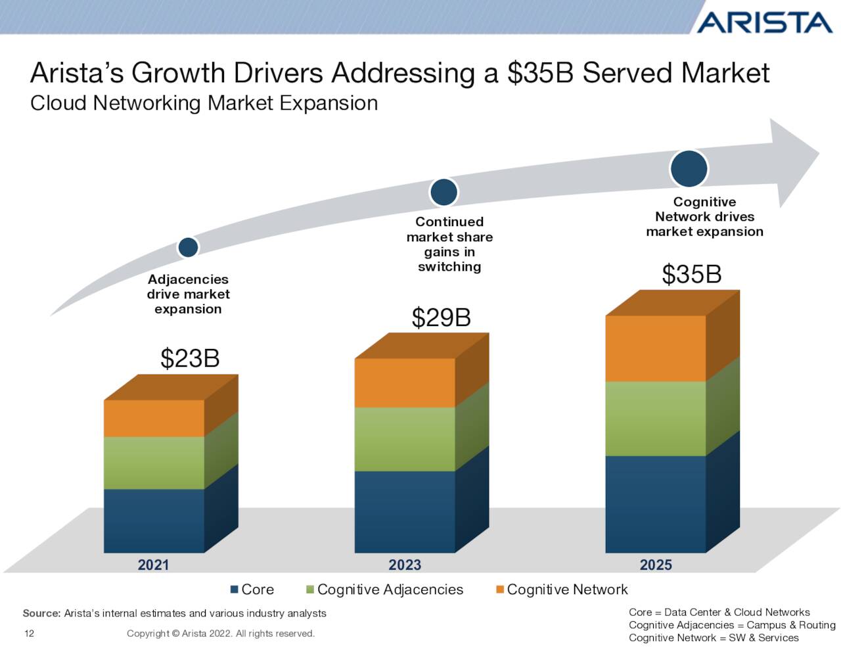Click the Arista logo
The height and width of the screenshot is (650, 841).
click(x=763, y=22)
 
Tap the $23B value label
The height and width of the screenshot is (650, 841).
click(x=190, y=359)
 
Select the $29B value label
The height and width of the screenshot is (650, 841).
click(x=441, y=317)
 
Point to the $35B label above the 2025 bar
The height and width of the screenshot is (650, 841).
click(x=691, y=275)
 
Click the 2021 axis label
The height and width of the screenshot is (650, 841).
click(x=153, y=565)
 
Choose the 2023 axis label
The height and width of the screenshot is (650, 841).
click(x=405, y=565)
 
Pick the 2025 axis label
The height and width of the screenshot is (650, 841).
click(x=656, y=565)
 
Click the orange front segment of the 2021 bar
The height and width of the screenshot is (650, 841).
click(x=154, y=418)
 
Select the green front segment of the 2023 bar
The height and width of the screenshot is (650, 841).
click(x=405, y=439)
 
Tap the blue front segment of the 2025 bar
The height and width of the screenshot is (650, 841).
click(x=655, y=503)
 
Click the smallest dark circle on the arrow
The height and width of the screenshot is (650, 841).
click(x=189, y=247)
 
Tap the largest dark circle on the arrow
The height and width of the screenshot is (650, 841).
click(x=689, y=168)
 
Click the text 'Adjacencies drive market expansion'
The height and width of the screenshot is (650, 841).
click(x=188, y=294)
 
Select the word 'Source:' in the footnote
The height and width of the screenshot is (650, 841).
click(x=41, y=613)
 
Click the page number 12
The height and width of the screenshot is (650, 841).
click(x=29, y=634)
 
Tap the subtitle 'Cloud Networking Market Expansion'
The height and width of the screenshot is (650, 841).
click(x=204, y=103)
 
